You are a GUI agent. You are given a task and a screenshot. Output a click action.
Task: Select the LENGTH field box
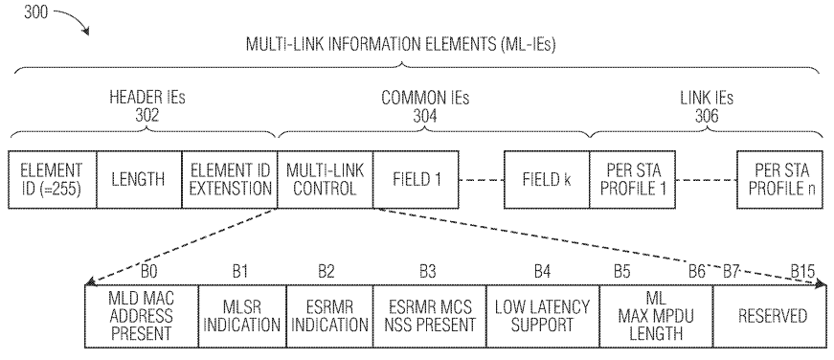pos(139,178)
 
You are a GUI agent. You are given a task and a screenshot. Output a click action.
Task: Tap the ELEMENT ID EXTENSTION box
pos(229,178)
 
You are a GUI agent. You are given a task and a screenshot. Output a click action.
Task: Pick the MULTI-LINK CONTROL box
pos(325,178)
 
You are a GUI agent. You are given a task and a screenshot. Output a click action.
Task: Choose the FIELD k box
pos(546,178)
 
